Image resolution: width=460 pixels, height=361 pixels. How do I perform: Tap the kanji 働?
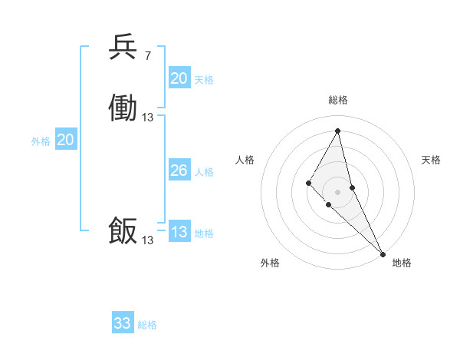pyautogui.click(x=123, y=108)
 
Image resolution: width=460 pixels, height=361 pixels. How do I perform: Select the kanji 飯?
pyautogui.click(x=123, y=231)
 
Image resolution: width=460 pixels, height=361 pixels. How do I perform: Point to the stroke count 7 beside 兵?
pyautogui.click(x=147, y=56)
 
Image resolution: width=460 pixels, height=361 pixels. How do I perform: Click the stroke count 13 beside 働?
pyautogui.click(x=148, y=118)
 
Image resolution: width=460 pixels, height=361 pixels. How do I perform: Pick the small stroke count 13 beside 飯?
pyautogui.click(x=148, y=240)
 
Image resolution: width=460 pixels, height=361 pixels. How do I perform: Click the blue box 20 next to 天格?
pyautogui.click(x=179, y=78)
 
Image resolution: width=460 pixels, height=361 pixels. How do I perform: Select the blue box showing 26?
pyautogui.click(x=179, y=171)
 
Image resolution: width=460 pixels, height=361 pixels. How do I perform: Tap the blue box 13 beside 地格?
pyautogui.click(x=179, y=232)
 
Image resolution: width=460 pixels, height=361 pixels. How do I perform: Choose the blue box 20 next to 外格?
pyautogui.click(x=66, y=140)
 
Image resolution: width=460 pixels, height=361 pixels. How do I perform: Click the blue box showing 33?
pyautogui.click(x=123, y=323)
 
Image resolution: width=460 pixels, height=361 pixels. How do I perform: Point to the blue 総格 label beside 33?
pyautogui.click(x=148, y=325)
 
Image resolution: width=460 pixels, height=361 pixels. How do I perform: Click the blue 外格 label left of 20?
pyautogui.click(x=41, y=141)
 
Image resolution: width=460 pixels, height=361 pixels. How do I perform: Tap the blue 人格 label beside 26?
pyautogui.click(x=205, y=172)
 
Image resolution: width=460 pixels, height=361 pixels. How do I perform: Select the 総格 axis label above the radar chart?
pyautogui.click(x=338, y=100)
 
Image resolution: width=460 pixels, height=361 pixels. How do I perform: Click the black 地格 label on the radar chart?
pyautogui.click(x=402, y=263)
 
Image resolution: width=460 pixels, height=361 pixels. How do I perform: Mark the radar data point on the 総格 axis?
pyautogui.click(x=338, y=131)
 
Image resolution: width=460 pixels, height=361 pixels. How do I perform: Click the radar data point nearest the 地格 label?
pyautogui.click(x=383, y=253)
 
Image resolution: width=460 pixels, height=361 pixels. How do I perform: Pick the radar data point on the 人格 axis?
pyautogui.click(x=308, y=183)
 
